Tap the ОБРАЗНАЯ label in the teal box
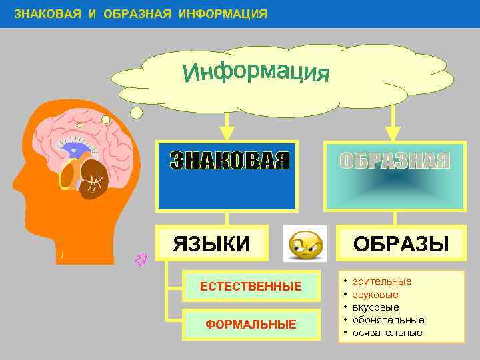(x=395, y=161)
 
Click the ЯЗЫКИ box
(x=211, y=243)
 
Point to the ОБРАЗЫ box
(x=401, y=243)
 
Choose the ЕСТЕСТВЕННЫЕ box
(x=251, y=287)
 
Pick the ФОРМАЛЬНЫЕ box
(x=251, y=325)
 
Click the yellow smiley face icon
(x=305, y=244)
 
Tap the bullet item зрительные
(x=382, y=281)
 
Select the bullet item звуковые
(x=375, y=294)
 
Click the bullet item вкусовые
(x=376, y=307)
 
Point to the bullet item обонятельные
(x=388, y=320)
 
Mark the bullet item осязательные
(x=387, y=333)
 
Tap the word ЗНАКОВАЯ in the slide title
(x=47, y=14)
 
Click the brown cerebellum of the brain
(x=93, y=179)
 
